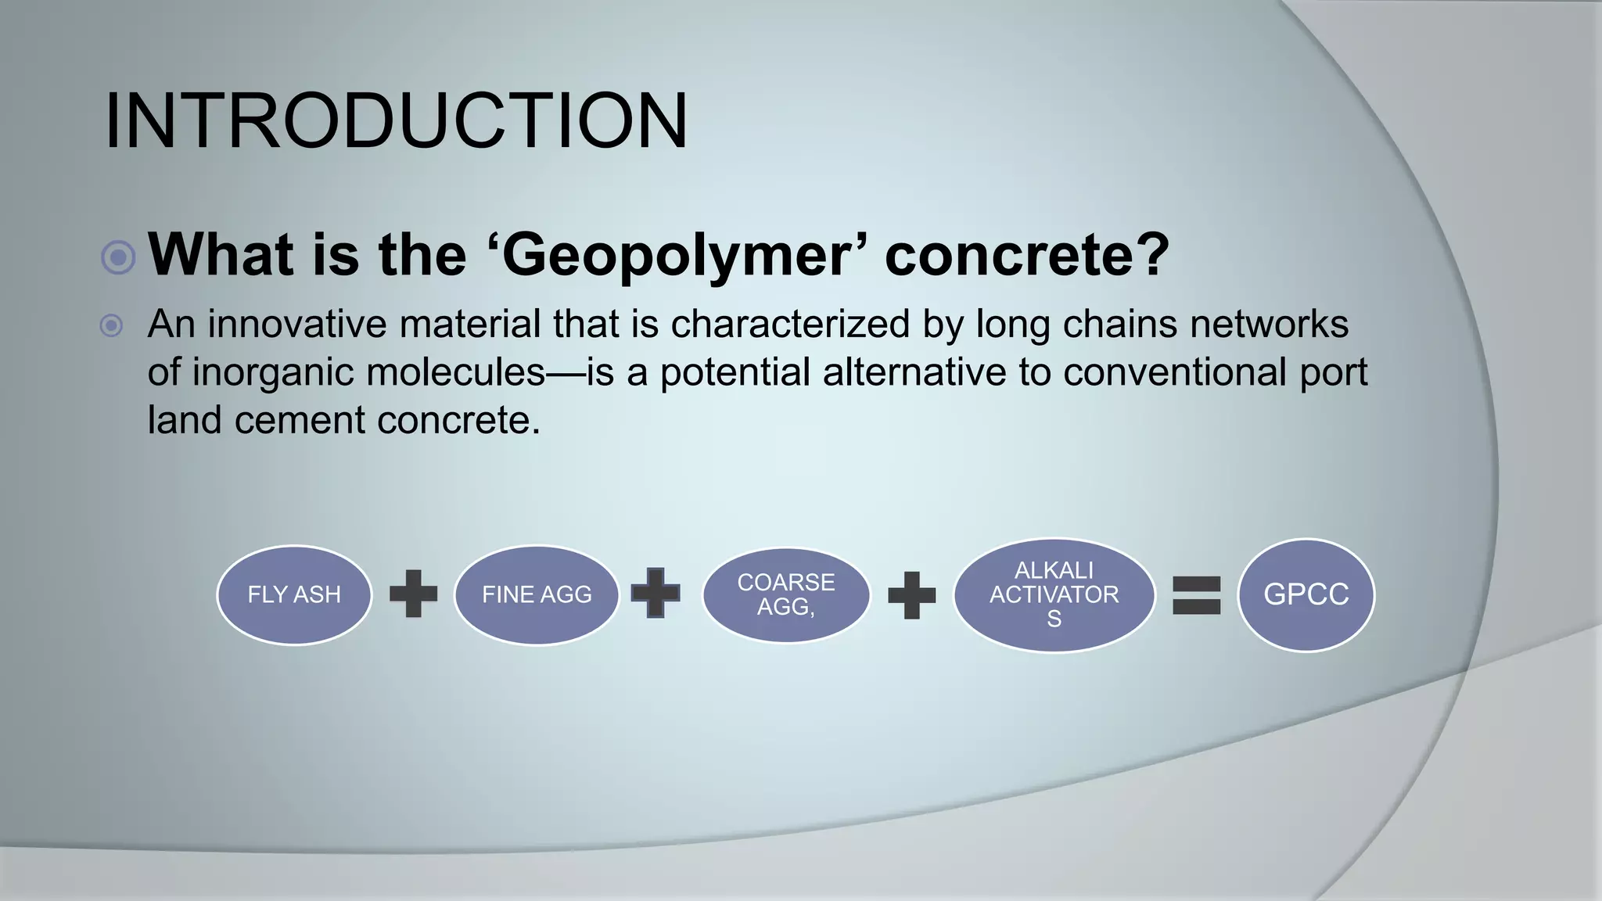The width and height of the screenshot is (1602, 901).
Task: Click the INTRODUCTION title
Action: [x=396, y=121]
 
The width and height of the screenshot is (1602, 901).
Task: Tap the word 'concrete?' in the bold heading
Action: [x=1026, y=255]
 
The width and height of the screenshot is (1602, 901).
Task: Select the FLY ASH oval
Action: [x=294, y=595]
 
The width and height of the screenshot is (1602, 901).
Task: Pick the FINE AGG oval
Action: [x=537, y=595]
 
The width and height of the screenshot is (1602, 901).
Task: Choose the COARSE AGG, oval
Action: [x=786, y=595]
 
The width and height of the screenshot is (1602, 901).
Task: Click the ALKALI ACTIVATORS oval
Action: [x=1054, y=595]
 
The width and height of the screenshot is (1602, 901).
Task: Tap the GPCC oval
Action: [x=1306, y=595]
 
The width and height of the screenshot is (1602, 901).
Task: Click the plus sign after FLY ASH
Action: [x=413, y=594]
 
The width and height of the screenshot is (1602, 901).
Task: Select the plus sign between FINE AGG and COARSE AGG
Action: [x=656, y=593]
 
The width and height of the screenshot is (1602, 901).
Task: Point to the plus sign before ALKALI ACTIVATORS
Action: [x=911, y=595]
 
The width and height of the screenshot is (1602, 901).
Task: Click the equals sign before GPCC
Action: [x=1196, y=595]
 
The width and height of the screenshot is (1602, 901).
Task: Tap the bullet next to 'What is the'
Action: [x=119, y=257]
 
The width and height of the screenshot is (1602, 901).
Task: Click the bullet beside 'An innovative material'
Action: [x=112, y=325]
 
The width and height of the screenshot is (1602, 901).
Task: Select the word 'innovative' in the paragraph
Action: [x=296, y=325]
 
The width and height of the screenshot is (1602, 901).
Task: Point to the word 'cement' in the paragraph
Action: [x=300, y=421]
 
